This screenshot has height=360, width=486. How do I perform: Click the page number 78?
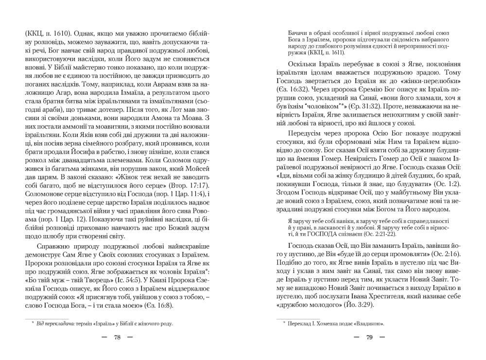(x=117, y=338)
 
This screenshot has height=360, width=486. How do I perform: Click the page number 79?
(x=369, y=338)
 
